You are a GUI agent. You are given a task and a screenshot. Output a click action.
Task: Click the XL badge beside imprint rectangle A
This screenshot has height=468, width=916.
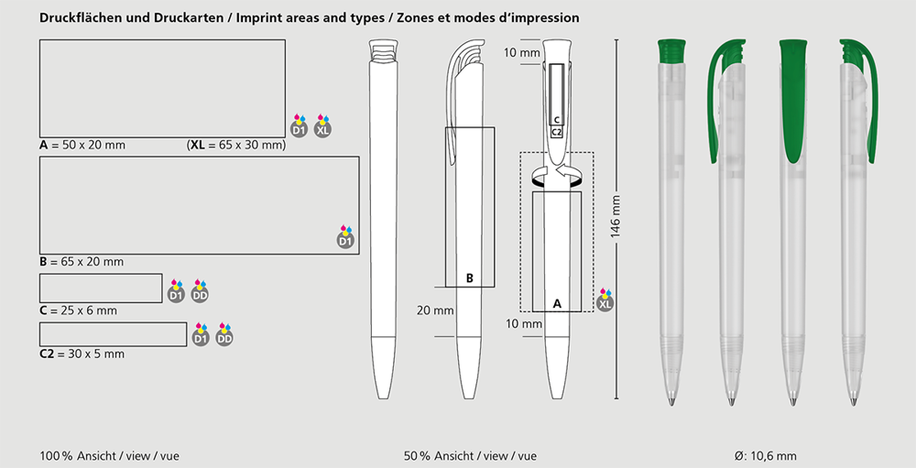[322, 126]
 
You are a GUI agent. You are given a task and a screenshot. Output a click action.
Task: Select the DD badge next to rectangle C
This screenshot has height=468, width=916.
[200, 291]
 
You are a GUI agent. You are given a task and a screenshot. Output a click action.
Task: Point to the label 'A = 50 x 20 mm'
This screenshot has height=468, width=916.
[82, 145]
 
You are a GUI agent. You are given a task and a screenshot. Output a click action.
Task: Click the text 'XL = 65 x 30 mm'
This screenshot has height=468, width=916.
[236, 145]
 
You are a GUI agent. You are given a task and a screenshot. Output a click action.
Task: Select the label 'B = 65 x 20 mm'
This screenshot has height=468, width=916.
[82, 262]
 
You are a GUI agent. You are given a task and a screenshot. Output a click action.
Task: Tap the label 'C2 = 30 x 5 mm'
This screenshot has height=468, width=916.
[82, 354]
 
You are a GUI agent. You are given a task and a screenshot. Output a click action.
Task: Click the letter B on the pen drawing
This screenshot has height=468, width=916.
[470, 278]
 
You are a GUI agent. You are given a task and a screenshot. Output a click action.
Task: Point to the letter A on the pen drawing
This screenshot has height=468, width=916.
[557, 304]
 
